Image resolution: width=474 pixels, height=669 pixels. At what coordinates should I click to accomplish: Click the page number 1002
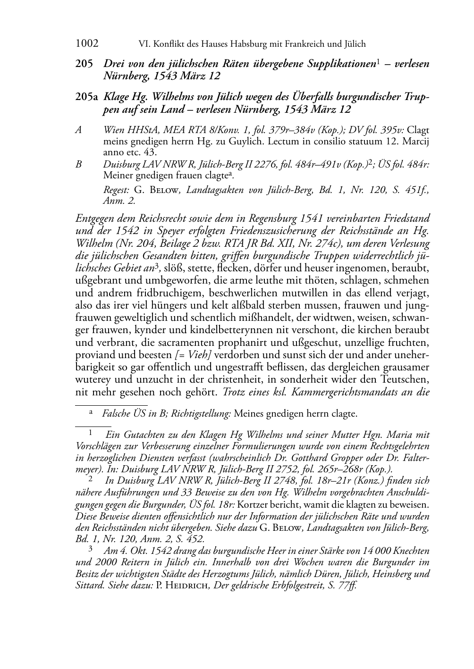[x=87, y=44]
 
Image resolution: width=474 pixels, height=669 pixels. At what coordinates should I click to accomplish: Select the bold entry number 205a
[x=86, y=97]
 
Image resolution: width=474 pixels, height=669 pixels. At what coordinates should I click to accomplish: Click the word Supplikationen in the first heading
[x=344, y=63]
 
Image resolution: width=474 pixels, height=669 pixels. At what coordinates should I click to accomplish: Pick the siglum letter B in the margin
[x=79, y=165]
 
